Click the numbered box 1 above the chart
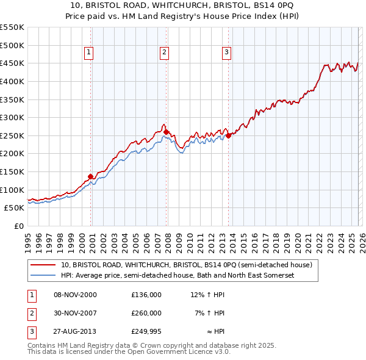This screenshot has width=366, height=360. (x=89, y=53)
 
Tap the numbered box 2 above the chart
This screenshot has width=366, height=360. (x=165, y=53)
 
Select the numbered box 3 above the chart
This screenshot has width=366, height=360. (x=226, y=53)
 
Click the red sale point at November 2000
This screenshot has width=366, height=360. (x=91, y=176)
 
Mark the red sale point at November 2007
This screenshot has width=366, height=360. (x=166, y=132)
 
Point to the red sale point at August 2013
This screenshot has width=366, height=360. (x=228, y=135)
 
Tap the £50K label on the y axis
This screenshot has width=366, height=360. (x=15, y=207)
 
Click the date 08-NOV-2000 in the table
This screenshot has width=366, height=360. (x=75, y=295)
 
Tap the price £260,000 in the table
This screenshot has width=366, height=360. (x=146, y=313)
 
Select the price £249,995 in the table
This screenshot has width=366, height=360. (x=146, y=331)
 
